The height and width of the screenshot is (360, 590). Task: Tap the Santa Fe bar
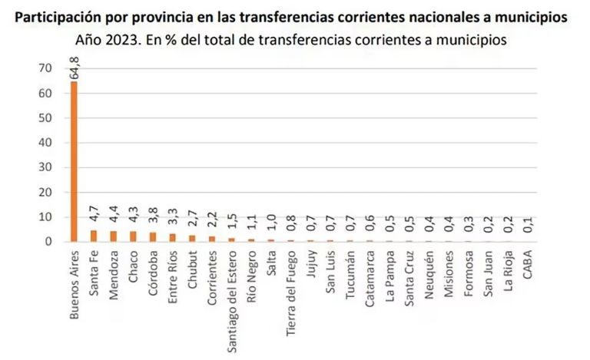tap(94, 236)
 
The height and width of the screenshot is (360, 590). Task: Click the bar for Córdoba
tap(153, 237)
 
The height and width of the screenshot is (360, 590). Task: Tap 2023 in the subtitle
tap(120, 38)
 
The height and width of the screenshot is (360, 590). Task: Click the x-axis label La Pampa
tap(390, 275)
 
